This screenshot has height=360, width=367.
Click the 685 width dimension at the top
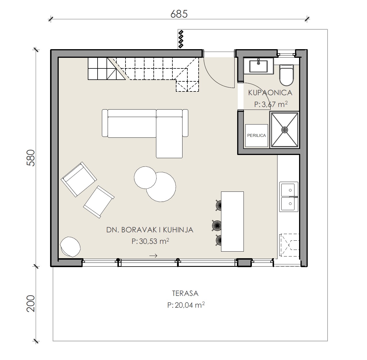pos(179,14)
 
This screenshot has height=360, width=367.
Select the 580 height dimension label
pos(31,158)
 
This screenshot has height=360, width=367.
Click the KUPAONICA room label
pos(270,93)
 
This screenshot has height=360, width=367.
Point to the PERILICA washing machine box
pos(256,135)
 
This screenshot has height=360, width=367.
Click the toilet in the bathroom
pos(286,75)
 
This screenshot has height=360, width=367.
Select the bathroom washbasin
pos(258,66)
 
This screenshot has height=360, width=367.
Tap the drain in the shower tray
pos(285,130)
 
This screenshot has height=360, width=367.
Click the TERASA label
pos(185,293)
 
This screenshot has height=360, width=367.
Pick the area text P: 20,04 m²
pos(186,305)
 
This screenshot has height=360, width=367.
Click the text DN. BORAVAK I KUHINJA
pos(150,230)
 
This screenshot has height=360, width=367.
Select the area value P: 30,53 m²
pos(150,241)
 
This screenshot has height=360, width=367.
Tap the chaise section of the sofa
pos(169,137)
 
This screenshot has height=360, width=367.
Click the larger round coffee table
pos(161,187)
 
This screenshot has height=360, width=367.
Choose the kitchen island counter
pos(232,221)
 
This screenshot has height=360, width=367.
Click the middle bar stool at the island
pos(217,225)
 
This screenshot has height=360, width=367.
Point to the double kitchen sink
pos(288,197)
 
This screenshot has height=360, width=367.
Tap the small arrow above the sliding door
pos(153,256)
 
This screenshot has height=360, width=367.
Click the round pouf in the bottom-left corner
pos(70,247)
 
